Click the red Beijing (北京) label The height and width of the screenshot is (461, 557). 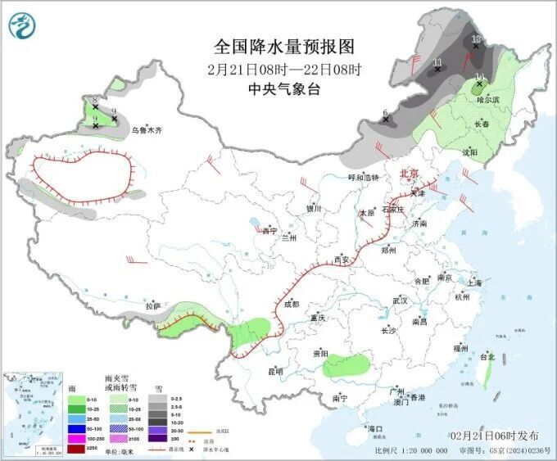[408, 174]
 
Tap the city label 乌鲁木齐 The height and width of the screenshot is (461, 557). [147, 129]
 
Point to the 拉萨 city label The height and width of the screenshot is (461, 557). [153, 305]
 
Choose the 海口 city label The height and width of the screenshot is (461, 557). [375, 428]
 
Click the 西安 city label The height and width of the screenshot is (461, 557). [341, 260]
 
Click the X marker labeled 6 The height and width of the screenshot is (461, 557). [386, 120]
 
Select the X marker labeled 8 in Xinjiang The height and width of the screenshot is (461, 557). [95, 106]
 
